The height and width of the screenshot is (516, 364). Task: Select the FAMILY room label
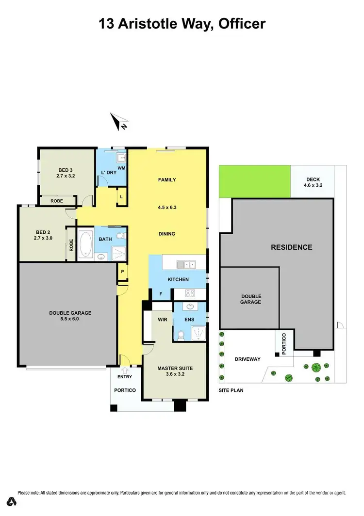[x=167, y=180]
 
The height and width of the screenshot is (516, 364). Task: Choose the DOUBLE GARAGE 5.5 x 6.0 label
[x=70, y=316]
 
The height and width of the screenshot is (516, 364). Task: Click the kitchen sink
[x=186, y=264]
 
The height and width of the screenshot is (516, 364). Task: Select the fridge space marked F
[x=161, y=293]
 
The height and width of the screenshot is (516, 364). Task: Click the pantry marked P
[x=122, y=272]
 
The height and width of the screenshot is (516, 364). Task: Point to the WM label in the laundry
[x=121, y=168]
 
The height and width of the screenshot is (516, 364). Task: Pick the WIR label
[x=162, y=320]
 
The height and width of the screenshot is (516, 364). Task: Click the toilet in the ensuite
[x=181, y=334]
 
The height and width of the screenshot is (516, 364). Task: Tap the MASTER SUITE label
[x=176, y=368]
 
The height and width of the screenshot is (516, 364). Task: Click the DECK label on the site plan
[x=313, y=179]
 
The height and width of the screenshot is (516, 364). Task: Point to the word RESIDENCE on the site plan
[x=291, y=247]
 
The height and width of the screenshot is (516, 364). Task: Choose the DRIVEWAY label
[x=248, y=359]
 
